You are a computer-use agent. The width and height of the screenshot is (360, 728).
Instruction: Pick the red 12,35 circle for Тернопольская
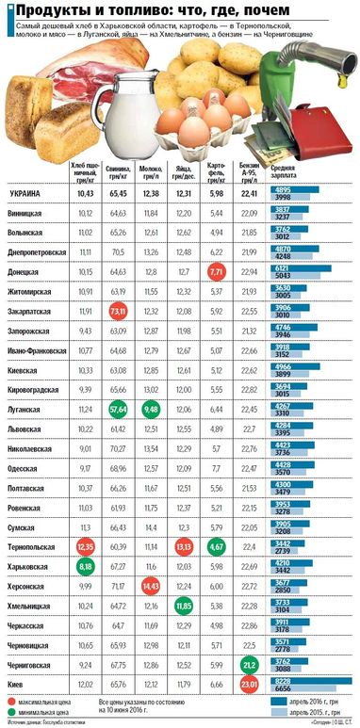point(86,546)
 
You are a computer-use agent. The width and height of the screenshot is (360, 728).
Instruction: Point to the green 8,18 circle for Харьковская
point(86,568)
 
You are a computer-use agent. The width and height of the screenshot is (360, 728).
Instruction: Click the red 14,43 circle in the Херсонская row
point(151,586)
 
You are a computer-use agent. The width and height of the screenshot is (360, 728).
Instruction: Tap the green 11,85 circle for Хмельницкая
point(184,607)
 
